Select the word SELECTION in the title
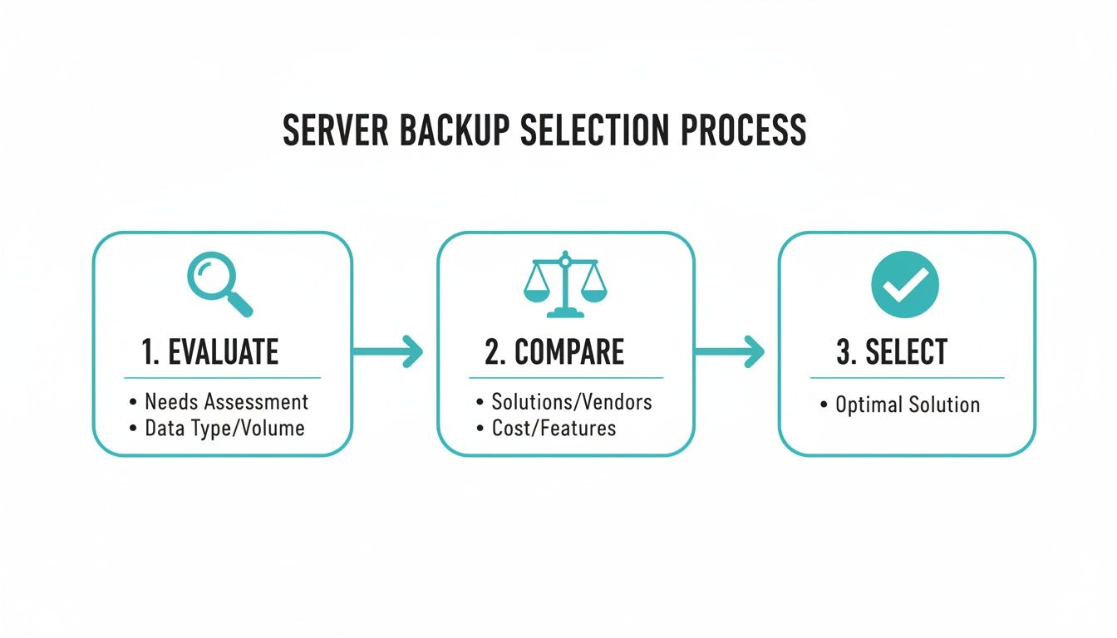591,131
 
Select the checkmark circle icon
904,285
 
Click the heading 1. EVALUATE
209,352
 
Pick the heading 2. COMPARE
554,352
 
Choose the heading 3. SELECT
891,352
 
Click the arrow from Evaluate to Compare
388,351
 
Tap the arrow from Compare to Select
730,351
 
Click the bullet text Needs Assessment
226,402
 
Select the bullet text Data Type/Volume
224,429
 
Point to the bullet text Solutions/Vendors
572,402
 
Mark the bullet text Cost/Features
554,429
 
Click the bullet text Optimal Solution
908,405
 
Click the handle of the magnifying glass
239,304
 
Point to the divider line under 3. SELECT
907,378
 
